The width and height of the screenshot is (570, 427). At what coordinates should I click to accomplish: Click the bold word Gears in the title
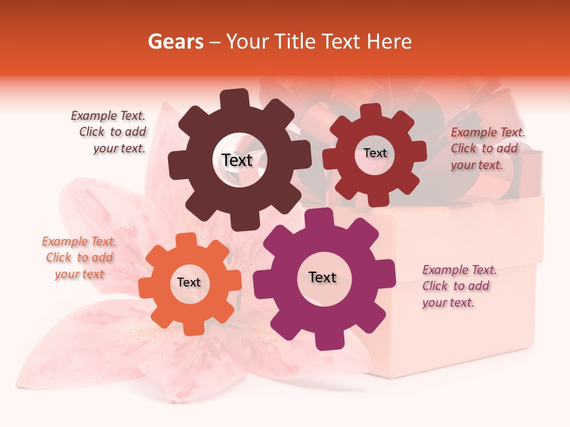coord(175,42)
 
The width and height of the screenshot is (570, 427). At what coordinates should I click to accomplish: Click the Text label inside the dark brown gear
coord(237,160)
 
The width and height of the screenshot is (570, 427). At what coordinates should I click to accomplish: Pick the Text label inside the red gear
coord(375,153)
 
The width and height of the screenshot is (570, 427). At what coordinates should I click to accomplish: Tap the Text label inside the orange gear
coord(189,282)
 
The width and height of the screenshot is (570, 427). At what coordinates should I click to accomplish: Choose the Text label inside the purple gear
coord(322,277)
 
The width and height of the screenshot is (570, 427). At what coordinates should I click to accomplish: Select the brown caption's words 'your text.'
coord(119,148)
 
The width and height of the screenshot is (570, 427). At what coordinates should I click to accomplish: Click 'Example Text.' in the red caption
coord(488,132)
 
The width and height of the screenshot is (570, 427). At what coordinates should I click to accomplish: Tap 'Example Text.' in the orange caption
coord(79,241)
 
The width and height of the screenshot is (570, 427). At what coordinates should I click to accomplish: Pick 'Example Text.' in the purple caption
coord(460,270)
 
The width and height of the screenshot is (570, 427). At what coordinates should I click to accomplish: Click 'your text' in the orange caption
coord(80,274)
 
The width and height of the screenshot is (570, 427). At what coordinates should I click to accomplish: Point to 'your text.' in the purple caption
coord(448,302)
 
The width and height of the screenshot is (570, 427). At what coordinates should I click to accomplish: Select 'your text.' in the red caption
coord(477,165)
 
